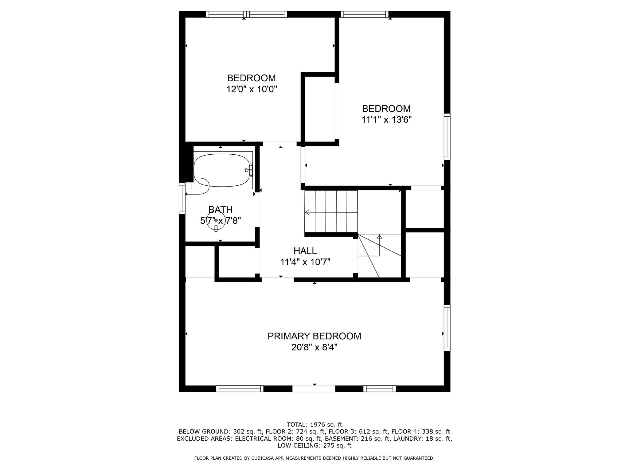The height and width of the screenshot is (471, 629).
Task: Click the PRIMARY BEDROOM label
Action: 314,336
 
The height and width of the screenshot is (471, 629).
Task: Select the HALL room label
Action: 305,251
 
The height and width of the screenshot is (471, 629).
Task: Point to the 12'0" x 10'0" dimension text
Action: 252,89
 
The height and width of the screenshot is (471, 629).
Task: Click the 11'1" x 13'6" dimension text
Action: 386,120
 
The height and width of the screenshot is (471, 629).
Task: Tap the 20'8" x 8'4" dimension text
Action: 314,348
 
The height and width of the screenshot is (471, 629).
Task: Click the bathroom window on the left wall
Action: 182,198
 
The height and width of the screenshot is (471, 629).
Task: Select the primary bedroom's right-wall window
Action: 447,328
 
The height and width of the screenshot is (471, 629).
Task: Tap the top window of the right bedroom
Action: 364,14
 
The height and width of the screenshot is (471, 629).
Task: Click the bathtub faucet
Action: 249,170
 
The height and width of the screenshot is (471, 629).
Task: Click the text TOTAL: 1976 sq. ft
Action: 314,425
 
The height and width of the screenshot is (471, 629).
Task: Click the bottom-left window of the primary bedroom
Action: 240,389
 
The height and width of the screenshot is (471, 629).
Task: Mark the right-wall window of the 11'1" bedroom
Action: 447,137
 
